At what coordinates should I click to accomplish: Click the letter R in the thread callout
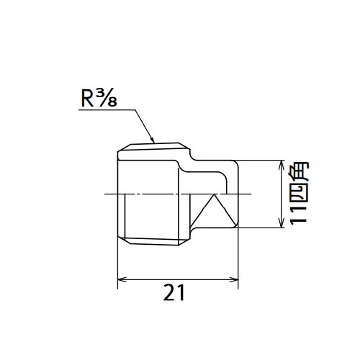pos(87,99)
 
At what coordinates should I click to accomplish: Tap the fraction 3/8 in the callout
pos(107,99)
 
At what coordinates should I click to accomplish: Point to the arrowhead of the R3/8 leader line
pos(152,140)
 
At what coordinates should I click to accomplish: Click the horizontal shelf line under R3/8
pos(107,110)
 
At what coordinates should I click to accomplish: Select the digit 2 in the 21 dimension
pos(170,292)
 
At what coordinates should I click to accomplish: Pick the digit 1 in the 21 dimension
pos(181,292)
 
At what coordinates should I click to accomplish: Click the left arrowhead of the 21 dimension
pos(122,279)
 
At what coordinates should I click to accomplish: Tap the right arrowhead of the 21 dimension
pos(234,279)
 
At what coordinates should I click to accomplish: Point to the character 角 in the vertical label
pos(299,172)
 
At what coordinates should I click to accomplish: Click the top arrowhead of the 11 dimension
pos(281,165)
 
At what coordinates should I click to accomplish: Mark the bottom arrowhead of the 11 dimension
pos(281,223)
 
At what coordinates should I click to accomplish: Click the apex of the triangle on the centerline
pos(214,194)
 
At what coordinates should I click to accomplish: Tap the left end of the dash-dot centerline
pos(104,194)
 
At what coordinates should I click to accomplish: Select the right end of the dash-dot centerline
pos(251,194)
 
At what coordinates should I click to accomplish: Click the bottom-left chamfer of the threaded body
pos(124,240)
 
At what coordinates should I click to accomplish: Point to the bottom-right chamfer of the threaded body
pos(185,241)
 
